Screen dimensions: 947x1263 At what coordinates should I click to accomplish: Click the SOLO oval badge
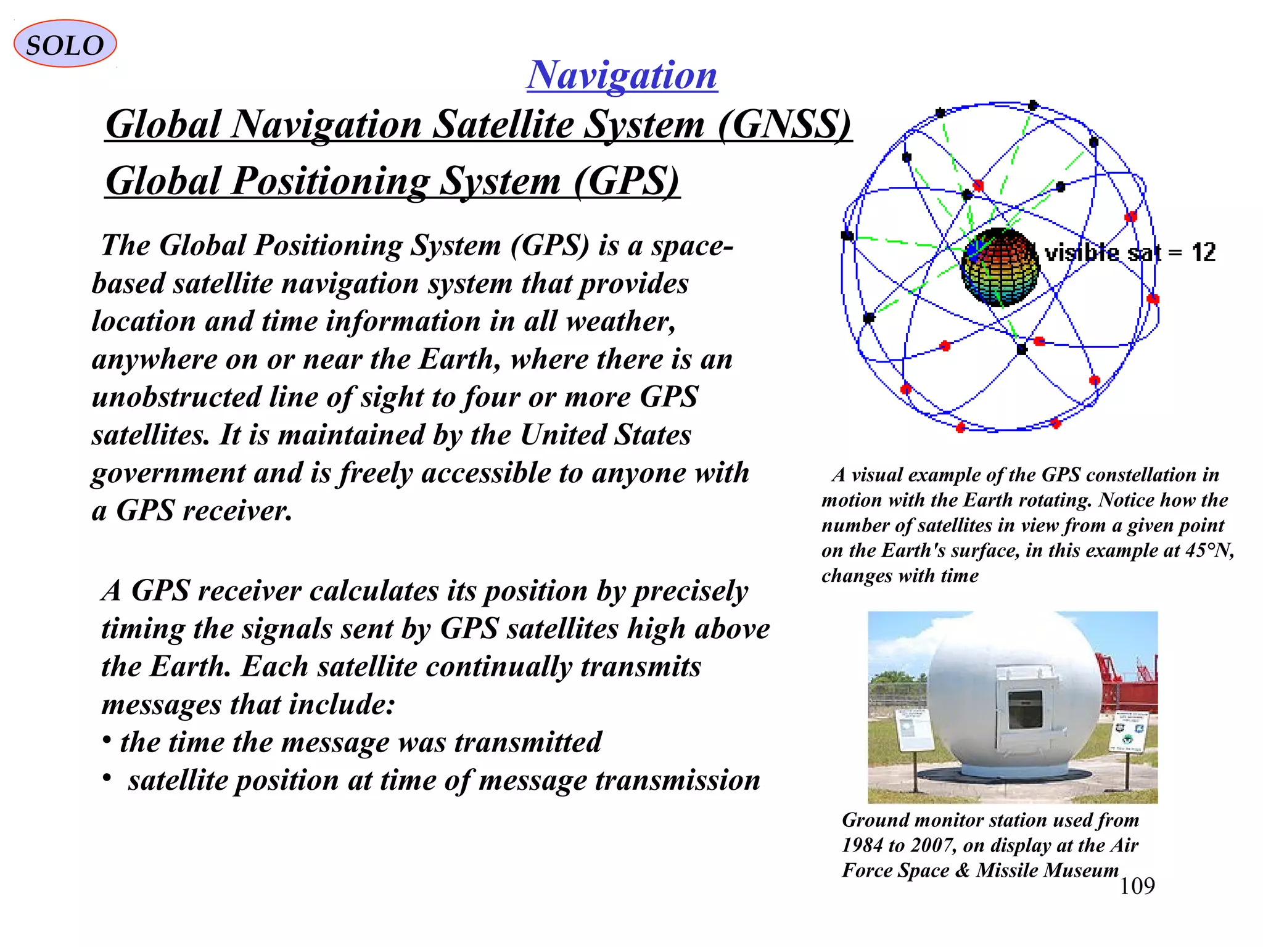point(65,44)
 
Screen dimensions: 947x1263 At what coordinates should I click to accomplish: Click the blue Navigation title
point(622,75)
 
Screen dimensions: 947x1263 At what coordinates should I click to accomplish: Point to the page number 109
point(1137,886)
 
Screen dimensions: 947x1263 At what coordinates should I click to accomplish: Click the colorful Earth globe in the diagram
point(999,268)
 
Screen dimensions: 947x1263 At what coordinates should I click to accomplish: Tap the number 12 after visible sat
point(1203,253)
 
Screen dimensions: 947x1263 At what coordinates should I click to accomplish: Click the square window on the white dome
point(1024,710)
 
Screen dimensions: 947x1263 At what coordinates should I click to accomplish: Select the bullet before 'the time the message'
point(107,739)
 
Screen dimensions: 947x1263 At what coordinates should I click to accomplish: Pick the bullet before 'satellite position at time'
point(107,779)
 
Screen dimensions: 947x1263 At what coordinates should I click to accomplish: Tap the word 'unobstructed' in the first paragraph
point(176,397)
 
